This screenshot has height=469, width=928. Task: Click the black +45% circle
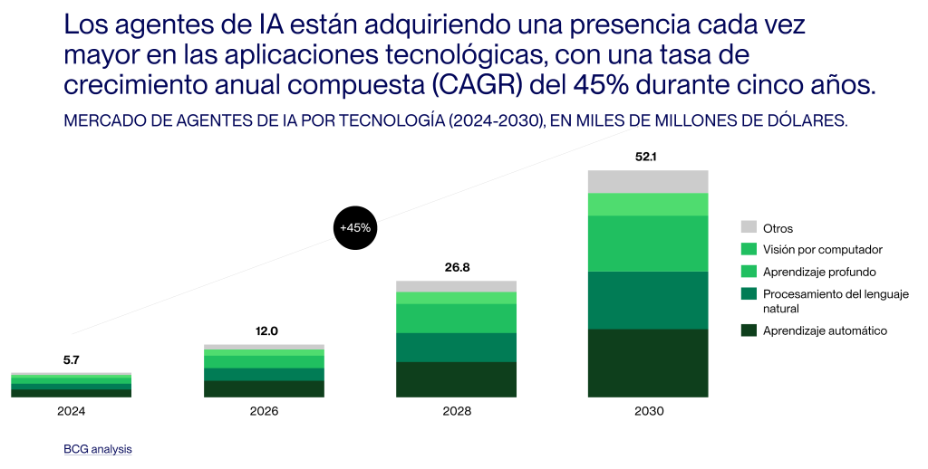point(355,227)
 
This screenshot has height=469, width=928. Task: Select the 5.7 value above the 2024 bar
point(72,359)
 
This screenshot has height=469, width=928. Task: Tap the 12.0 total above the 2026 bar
point(264,331)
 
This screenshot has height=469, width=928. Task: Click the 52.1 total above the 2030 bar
point(648,157)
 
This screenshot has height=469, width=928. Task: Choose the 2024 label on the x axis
point(72,411)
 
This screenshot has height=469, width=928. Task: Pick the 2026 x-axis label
point(264,411)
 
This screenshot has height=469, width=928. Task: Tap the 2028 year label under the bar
point(456,411)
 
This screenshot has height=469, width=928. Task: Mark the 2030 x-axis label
point(648,411)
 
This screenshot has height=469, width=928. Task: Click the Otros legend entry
point(778,228)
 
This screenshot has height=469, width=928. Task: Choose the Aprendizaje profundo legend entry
point(818,272)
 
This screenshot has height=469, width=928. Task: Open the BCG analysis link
point(98,448)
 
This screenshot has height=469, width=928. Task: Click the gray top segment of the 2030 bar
point(648,181)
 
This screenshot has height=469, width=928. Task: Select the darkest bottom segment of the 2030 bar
point(648,362)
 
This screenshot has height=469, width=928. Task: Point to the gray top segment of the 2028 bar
point(456,286)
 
